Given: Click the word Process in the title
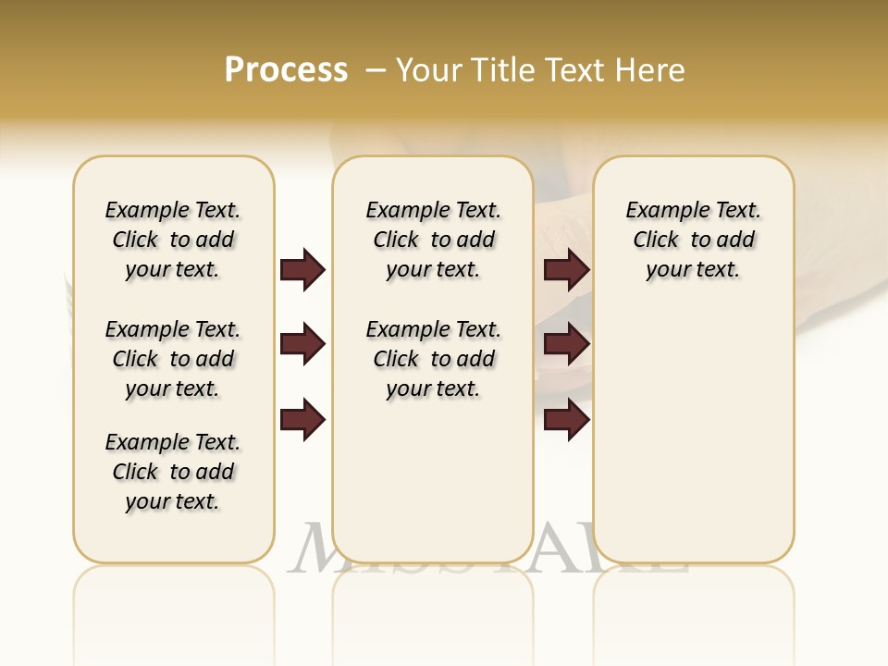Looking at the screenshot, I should pyautogui.click(x=286, y=70).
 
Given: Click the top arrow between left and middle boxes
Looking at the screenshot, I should pyautogui.click(x=302, y=270).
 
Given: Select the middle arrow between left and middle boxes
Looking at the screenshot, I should pyautogui.click(x=302, y=345).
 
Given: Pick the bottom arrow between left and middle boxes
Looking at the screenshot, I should pyautogui.click(x=302, y=421).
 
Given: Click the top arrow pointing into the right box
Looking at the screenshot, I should pyautogui.click(x=566, y=270).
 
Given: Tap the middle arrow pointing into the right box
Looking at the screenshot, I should pyautogui.click(x=566, y=345).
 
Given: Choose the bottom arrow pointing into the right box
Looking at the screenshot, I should pyautogui.click(x=566, y=421).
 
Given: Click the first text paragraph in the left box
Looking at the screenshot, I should pyautogui.click(x=173, y=240).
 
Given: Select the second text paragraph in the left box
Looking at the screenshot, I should pyautogui.click(x=173, y=359).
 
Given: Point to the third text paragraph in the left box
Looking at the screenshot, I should pyautogui.click(x=173, y=472).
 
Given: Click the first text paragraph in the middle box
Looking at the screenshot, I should pyautogui.click(x=434, y=240).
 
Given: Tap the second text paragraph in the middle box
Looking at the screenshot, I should pyautogui.click(x=434, y=359).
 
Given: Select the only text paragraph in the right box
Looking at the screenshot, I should pyautogui.click(x=694, y=240).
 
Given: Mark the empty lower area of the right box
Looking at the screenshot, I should pyautogui.click(x=694, y=435).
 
